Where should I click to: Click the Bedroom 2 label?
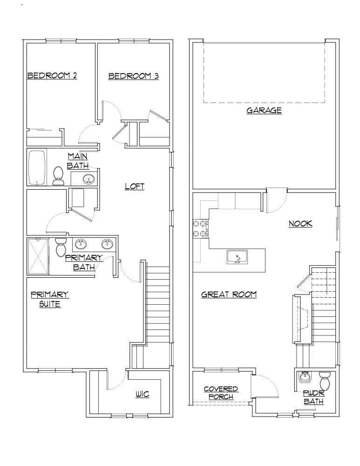(x=52, y=75)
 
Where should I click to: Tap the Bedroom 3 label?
(x=133, y=76)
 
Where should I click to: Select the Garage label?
(x=264, y=110)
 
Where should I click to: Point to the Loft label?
(x=135, y=186)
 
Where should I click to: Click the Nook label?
(x=300, y=224)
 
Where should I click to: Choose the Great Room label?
(x=229, y=295)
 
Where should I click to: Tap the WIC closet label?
(x=143, y=395)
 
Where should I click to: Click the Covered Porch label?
(x=221, y=393)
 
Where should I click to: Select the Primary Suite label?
(x=50, y=299)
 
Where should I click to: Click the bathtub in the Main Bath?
(x=36, y=167)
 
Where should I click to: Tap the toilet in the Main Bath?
(x=59, y=176)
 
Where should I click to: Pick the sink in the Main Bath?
(x=88, y=178)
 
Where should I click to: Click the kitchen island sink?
(x=238, y=257)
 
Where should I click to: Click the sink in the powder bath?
(x=306, y=376)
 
